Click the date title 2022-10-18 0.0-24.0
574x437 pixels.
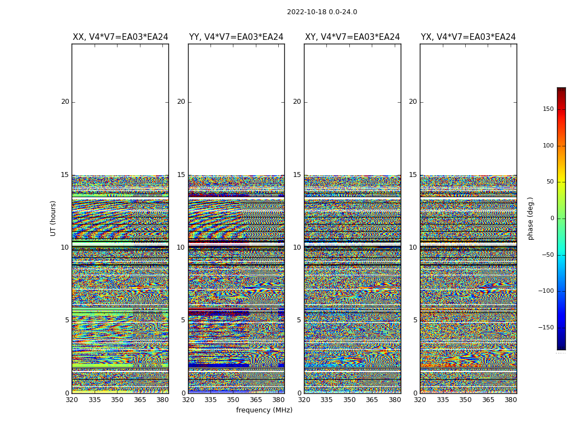pyautogui.click(x=322, y=12)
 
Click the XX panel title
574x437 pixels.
pyautogui.click(x=120, y=37)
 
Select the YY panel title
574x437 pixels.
pyautogui.click(x=236, y=37)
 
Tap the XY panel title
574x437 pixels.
pyautogui.click(x=353, y=37)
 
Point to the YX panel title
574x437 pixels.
pyautogui.click(x=468, y=37)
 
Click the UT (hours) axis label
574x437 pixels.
pyautogui.click(x=53, y=218)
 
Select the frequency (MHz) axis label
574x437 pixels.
pyautogui.click(x=264, y=410)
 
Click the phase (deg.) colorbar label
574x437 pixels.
pyautogui.click(x=530, y=218)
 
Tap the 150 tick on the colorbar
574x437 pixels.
pyautogui.click(x=548, y=109)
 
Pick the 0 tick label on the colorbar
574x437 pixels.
pyautogui.click(x=552, y=218)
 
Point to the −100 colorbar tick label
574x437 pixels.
pyautogui.click(x=547, y=291)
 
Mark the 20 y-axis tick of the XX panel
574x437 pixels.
pyautogui.click(x=65, y=102)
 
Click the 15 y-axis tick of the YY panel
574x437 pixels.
pyautogui.click(x=181, y=175)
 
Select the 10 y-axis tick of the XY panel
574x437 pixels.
pyautogui.click(x=297, y=247)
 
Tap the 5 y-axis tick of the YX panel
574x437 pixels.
pyautogui.click(x=415, y=320)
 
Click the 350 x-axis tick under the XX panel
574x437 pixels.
pyautogui.click(x=117, y=400)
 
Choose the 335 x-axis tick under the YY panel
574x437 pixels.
pyautogui.click(x=210, y=400)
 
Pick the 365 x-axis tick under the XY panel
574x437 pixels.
pyautogui.click(x=372, y=400)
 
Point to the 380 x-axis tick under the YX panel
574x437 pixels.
pyautogui.click(x=511, y=400)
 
